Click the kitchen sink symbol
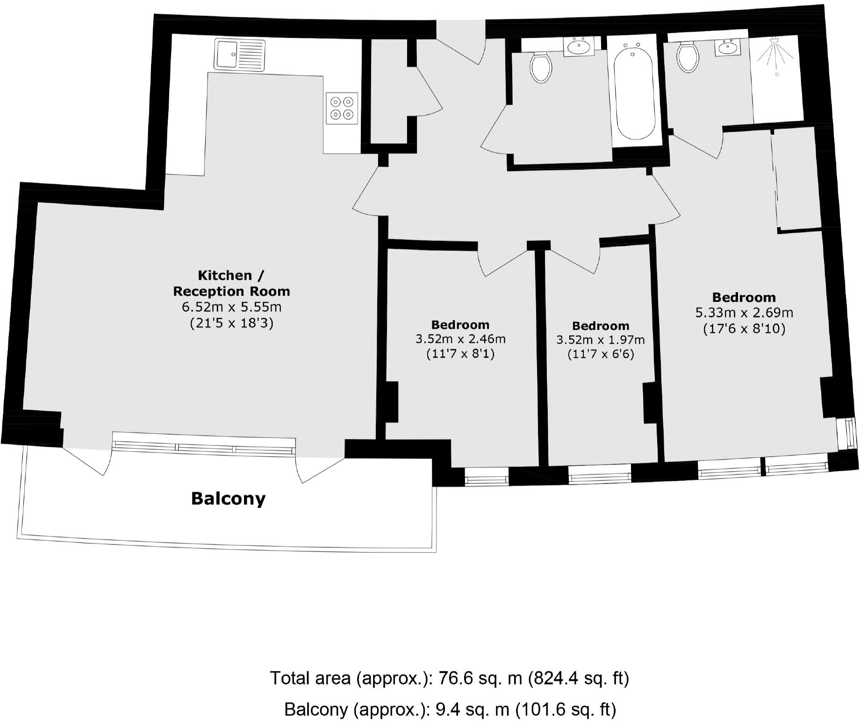(x=240, y=55)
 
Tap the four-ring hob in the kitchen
(x=342, y=108)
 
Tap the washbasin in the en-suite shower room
(x=728, y=48)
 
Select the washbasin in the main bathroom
(x=579, y=47)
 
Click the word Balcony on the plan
(x=228, y=499)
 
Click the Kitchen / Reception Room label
(x=231, y=283)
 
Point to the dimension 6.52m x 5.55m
(x=231, y=307)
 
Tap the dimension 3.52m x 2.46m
(x=460, y=339)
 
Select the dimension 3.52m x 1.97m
(x=600, y=340)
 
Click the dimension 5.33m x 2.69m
(x=744, y=312)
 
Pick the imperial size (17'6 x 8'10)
(x=744, y=329)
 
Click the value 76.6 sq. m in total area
(x=480, y=679)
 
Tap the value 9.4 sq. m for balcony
(x=472, y=710)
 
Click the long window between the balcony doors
(x=204, y=447)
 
